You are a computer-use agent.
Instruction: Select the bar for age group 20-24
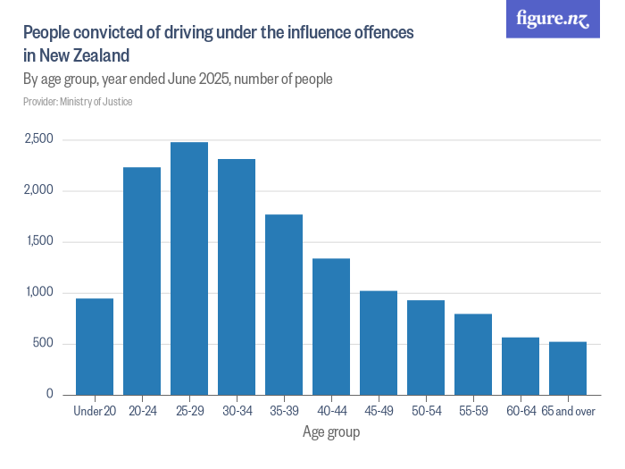click(x=141, y=281)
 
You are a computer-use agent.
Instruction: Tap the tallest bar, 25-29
click(x=188, y=268)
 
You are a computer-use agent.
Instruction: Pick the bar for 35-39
click(x=283, y=304)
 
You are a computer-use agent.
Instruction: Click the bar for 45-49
click(x=378, y=342)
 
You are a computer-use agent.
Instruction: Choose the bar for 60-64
click(x=520, y=365)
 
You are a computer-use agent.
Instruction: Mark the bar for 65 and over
click(x=568, y=368)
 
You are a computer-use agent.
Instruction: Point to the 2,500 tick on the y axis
click(x=38, y=139)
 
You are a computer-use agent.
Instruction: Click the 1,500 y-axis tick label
click(x=38, y=241)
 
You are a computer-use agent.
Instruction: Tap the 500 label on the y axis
click(x=44, y=344)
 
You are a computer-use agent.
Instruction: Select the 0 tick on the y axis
click(x=50, y=394)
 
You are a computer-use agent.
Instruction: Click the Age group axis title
click(x=330, y=433)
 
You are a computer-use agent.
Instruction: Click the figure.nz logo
click(x=553, y=19)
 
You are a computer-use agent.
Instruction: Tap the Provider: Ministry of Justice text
click(x=78, y=102)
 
